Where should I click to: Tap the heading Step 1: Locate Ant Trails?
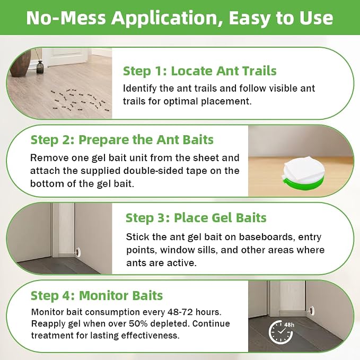click(x=200, y=71)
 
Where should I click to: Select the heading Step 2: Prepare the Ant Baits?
click(x=122, y=140)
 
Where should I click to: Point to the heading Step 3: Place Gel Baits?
click(x=196, y=218)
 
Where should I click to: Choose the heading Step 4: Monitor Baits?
click(x=96, y=295)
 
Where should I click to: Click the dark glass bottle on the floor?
click(x=40, y=67)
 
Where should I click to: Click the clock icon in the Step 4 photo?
click(x=280, y=332)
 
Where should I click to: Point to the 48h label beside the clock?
click(x=289, y=325)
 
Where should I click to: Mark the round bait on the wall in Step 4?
click(x=312, y=310)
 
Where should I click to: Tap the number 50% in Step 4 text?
click(x=138, y=323)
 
